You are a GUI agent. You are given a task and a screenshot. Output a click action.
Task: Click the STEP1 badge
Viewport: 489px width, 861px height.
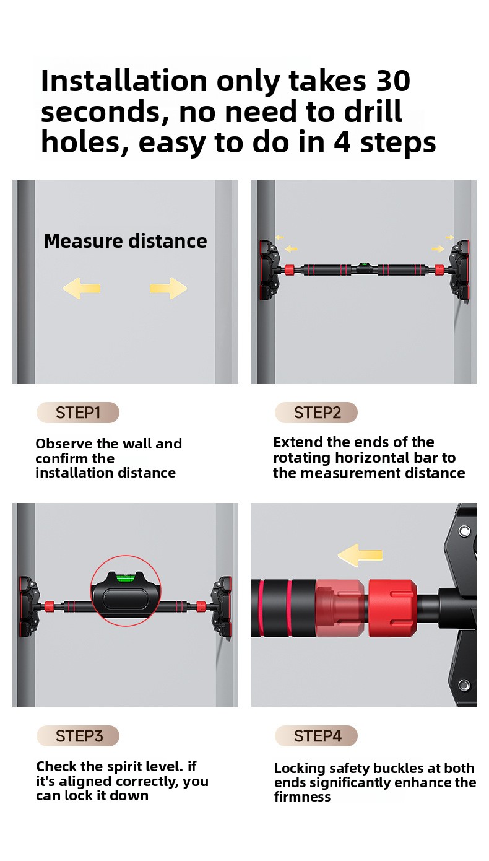point(78,413)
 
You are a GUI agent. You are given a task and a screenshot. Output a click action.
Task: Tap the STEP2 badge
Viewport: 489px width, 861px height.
point(316,413)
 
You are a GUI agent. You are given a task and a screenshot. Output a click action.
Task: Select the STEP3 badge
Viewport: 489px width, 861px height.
point(78,736)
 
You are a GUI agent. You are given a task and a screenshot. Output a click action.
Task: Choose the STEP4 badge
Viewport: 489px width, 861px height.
point(316,736)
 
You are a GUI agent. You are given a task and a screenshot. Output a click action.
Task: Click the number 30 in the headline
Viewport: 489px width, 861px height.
point(393,81)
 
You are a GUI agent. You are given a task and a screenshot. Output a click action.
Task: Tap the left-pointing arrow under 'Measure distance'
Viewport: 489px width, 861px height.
point(82,288)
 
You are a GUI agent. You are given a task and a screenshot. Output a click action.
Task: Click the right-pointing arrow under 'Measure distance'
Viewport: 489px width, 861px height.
point(168,288)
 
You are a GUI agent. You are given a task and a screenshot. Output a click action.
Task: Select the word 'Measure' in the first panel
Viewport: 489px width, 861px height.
point(83,241)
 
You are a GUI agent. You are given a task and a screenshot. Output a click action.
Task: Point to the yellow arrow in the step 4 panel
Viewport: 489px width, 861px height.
point(360,555)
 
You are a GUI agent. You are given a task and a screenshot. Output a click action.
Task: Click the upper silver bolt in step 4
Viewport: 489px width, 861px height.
point(464,531)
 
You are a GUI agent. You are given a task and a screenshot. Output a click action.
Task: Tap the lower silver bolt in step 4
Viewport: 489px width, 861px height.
point(464,684)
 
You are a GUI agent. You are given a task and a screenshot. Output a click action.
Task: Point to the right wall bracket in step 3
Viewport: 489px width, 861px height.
point(221,607)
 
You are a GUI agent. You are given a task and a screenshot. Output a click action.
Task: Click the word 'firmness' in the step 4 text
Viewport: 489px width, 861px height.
point(302,797)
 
